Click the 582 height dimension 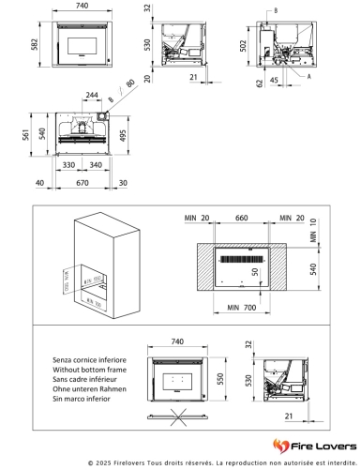pyautogui.click(x=33, y=44)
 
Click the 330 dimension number pyautogui.click(x=69, y=165)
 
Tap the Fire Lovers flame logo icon pyautogui.click(x=280, y=444)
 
